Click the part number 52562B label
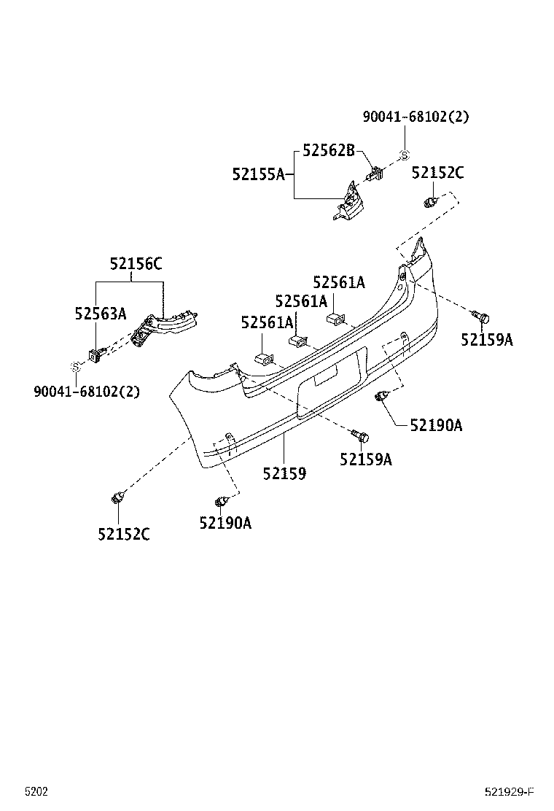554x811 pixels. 328,151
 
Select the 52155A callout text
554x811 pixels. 258,174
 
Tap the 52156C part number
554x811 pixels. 136,264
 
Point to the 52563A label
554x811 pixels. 100,314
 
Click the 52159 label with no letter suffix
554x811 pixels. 284,473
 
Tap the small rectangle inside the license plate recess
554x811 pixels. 325,377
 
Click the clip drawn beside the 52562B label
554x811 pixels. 374,176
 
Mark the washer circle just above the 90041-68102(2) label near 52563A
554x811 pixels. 74,366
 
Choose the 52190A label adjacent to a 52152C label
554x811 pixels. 225,522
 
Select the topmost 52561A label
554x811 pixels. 338,282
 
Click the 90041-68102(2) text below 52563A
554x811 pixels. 87,391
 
